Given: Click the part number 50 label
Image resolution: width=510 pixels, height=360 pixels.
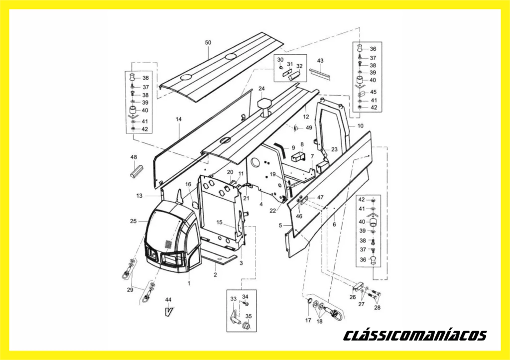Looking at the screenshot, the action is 208,43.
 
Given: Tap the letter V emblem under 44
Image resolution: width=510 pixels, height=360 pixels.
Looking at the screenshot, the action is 168,312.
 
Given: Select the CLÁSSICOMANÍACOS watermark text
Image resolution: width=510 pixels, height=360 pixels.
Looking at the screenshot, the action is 415,335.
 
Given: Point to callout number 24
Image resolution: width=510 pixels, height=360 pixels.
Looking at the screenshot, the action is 262,89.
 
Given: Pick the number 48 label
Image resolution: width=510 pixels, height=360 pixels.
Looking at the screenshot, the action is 133,157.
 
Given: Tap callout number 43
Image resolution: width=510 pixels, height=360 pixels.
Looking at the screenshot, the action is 320,61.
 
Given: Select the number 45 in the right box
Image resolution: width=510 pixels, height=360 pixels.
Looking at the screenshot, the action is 373,92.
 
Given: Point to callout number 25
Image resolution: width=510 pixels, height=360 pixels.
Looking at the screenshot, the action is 133,221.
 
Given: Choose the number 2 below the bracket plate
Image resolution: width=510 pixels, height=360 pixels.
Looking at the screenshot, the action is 215,275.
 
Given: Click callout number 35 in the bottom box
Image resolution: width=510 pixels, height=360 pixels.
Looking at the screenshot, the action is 249,316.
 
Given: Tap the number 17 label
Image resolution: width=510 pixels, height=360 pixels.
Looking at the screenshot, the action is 308,320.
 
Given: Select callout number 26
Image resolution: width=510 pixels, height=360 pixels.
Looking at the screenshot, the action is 353,297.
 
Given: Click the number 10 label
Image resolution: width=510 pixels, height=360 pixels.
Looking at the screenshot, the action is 361,126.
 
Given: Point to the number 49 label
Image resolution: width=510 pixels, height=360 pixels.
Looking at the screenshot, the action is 309,128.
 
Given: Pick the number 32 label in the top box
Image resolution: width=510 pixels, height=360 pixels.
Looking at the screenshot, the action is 299,66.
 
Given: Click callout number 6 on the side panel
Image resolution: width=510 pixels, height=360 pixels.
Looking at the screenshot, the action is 334,225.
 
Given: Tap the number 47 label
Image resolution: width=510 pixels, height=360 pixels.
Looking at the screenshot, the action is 320,197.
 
